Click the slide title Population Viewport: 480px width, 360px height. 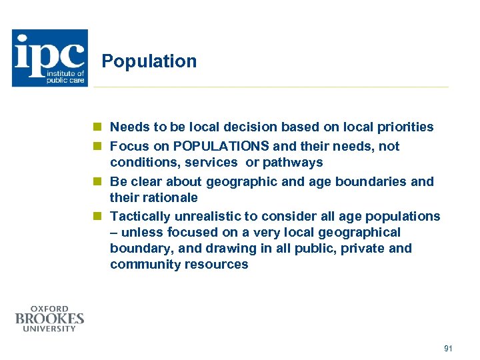point(149,61)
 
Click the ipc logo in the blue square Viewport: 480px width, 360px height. point(49,58)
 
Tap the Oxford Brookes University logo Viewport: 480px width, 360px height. point(50,319)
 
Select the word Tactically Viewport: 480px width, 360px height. point(139,216)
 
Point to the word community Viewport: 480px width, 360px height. point(143,265)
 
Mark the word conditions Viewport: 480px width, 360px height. point(142,162)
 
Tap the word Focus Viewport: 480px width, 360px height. point(128,146)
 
